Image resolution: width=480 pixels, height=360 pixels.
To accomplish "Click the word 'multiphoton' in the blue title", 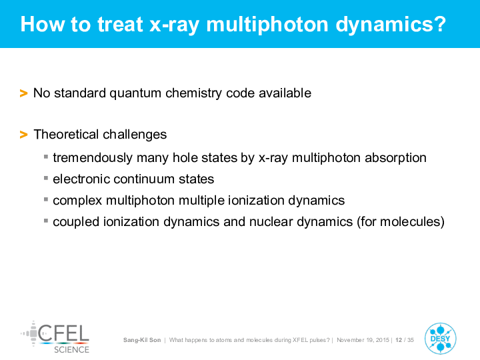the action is click(x=267, y=25).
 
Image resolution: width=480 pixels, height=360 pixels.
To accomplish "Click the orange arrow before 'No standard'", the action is click(x=23, y=93).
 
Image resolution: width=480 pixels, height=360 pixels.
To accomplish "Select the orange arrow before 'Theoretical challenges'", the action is click(x=23, y=135).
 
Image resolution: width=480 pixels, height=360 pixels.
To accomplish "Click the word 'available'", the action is click(x=285, y=93).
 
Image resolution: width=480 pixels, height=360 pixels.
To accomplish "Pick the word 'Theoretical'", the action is click(x=66, y=134).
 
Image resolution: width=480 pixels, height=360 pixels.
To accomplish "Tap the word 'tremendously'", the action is click(x=93, y=158).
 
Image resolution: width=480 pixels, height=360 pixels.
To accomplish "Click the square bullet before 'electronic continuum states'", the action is click(x=46, y=178).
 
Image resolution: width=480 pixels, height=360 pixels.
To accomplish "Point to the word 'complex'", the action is click(x=77, y=201).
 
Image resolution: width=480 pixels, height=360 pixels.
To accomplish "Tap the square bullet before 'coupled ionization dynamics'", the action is click(x=46, y=221).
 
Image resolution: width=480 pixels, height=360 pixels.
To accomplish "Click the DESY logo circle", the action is click(x=441, y=339).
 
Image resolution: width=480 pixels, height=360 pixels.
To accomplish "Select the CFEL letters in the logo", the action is click(x=64, y=333).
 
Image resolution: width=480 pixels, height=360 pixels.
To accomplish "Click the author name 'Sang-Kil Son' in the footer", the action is click(x=142, y=340).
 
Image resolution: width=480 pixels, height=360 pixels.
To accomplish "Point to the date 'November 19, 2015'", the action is click(x=363, y=340).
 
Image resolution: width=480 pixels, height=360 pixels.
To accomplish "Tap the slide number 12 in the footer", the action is click(x=399, y=340).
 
